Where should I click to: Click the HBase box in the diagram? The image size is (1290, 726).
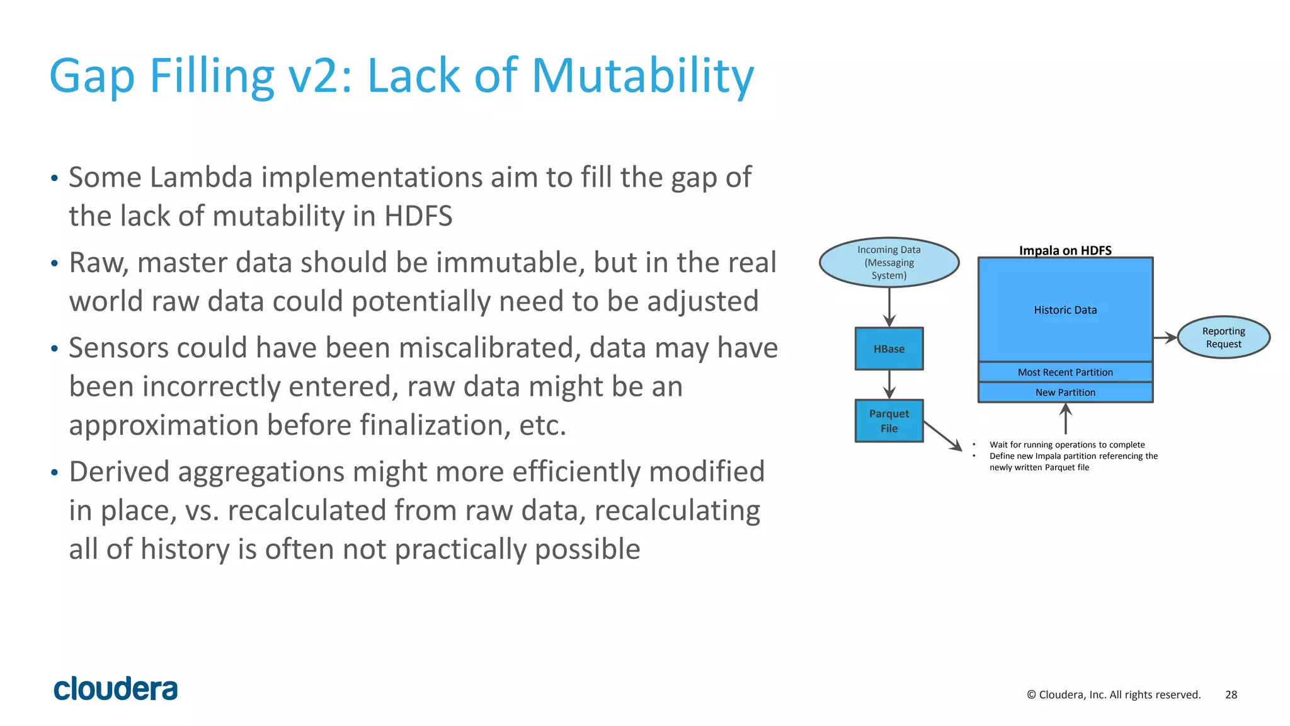pos(889,349)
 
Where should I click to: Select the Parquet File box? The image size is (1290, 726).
pos(889,421)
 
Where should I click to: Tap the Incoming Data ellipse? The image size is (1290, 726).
pos(889,262)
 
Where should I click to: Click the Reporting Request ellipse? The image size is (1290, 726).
pos(1223,337)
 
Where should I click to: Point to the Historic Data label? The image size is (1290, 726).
pos(1065,310)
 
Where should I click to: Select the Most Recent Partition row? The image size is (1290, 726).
pos(1065,372)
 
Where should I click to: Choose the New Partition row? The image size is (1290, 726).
pos(1065,392)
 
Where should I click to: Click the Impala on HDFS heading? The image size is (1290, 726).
pos(1065,250)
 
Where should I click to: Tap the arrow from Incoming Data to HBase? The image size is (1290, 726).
pos(889,307)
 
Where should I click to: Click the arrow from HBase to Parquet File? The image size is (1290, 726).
pos(889,384)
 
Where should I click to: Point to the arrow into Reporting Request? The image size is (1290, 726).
pos(1165,338)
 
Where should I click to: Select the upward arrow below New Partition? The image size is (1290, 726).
pos(1065,418)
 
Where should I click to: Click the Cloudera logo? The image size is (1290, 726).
pos(116,689)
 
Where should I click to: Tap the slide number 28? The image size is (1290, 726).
pos(1231,694)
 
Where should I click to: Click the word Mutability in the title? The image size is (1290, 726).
pos(642,77)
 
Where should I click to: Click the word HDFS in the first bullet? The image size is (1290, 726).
pos(418,216)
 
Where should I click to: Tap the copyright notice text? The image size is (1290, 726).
pos(1114,694)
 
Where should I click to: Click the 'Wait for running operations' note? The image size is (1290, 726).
pos(1066,444)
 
